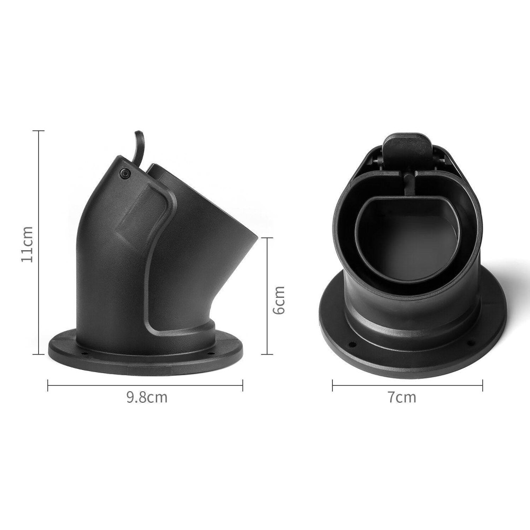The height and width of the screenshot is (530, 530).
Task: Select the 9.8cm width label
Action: point(147,397)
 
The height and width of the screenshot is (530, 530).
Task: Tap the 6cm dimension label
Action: point(279,300)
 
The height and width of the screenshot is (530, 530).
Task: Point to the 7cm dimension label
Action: point(402,397)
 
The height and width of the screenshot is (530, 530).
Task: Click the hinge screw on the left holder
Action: point(125,173)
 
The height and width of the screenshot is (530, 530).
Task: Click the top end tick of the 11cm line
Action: point(39,131)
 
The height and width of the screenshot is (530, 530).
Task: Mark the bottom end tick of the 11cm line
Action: point(39,354)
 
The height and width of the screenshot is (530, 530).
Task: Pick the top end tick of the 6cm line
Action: point(267,238)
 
